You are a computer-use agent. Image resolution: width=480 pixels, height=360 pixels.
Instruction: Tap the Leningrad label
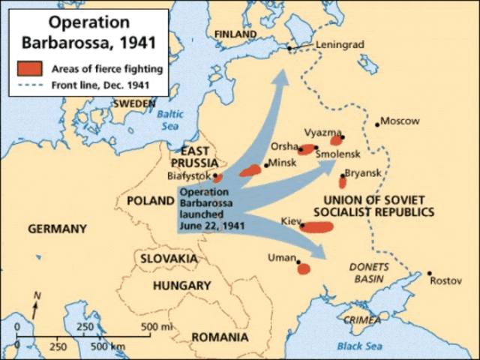tap(339, 45)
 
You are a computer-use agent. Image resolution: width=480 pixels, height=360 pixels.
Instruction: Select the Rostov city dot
tap(430, 273)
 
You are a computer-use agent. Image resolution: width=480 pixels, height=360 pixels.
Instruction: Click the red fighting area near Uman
tap(303, 268)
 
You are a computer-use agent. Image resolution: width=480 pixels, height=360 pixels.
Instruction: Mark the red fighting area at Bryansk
tap(343, 181)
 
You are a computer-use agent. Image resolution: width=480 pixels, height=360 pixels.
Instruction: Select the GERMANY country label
tap(58, 229)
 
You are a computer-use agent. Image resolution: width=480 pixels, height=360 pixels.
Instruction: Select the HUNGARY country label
tap(181, 286)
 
